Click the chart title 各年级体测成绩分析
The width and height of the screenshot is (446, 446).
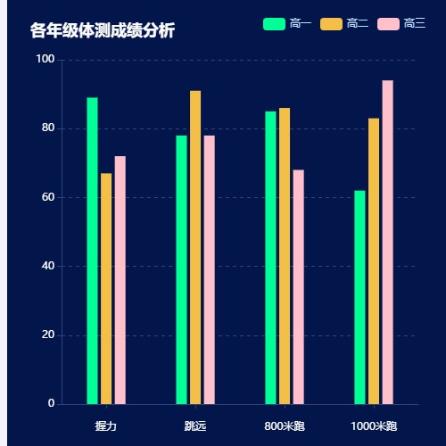click(x=102, y=31)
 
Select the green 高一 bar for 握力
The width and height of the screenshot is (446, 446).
click(x=92, y=251)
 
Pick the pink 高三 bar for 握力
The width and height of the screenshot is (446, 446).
click(x=120, y=280)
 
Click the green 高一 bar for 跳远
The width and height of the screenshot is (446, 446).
click(x=181, y=269)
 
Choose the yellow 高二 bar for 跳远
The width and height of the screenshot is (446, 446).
click(x=195, y=247)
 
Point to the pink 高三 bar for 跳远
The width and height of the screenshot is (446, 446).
click(x=209, y=269)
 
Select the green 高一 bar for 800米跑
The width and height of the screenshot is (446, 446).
click(x=270, y=258)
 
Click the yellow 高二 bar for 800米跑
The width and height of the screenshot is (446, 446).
click(x=285, y=256)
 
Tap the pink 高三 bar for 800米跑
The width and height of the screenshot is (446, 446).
click(x=298, y=286)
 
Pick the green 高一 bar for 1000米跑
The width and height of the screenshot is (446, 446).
click(x=359, y=297)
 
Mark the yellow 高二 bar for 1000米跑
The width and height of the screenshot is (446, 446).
click(x=374, y=260)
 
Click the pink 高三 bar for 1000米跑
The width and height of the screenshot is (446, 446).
click(x=387, y=242)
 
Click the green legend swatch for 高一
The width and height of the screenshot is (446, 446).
click(x=273, y=23)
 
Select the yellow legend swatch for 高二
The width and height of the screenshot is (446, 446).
click(x=331, y=23)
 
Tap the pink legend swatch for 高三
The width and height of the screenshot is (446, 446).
click(x=388, y=23)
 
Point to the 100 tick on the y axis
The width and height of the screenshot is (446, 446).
click(x=45, y=60)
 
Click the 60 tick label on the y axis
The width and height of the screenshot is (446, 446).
click(x=48, y=197)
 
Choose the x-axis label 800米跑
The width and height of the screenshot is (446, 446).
click(x=285, y=426)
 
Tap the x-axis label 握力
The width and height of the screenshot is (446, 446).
click(x=106, y=426)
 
